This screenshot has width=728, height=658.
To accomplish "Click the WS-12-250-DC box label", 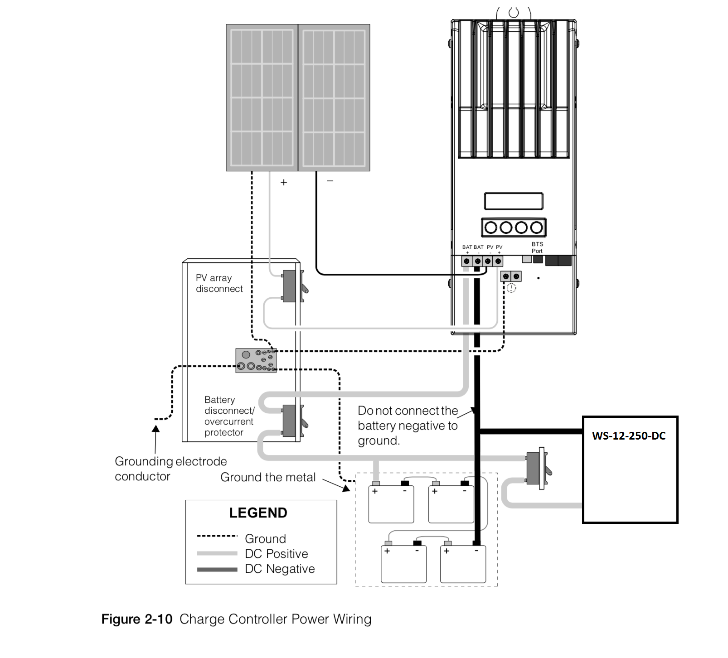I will point(629,436).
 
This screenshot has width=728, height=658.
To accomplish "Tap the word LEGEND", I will point(258,513).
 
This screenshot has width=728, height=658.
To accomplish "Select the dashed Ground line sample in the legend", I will point(217,536).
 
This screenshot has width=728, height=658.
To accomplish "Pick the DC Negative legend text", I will point(280,569).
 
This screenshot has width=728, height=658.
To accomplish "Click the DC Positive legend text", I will point(276,554).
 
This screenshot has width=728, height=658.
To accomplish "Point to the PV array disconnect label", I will point(219,283).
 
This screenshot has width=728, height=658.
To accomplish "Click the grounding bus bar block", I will point(256,361).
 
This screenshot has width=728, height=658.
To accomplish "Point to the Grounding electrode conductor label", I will point(170,469).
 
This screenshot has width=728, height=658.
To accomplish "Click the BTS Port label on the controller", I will point(537,247).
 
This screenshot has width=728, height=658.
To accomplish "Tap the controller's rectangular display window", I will point(514,201).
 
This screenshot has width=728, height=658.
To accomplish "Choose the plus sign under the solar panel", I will point(284,182).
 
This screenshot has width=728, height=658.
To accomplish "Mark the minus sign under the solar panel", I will point(330,181).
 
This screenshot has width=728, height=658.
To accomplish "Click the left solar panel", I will point(262,97).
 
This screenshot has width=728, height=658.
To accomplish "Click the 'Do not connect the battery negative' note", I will point(408,426).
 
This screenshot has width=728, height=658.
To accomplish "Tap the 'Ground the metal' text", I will point(268,477).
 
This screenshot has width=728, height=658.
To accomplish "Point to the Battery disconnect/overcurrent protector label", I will point(229,416).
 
